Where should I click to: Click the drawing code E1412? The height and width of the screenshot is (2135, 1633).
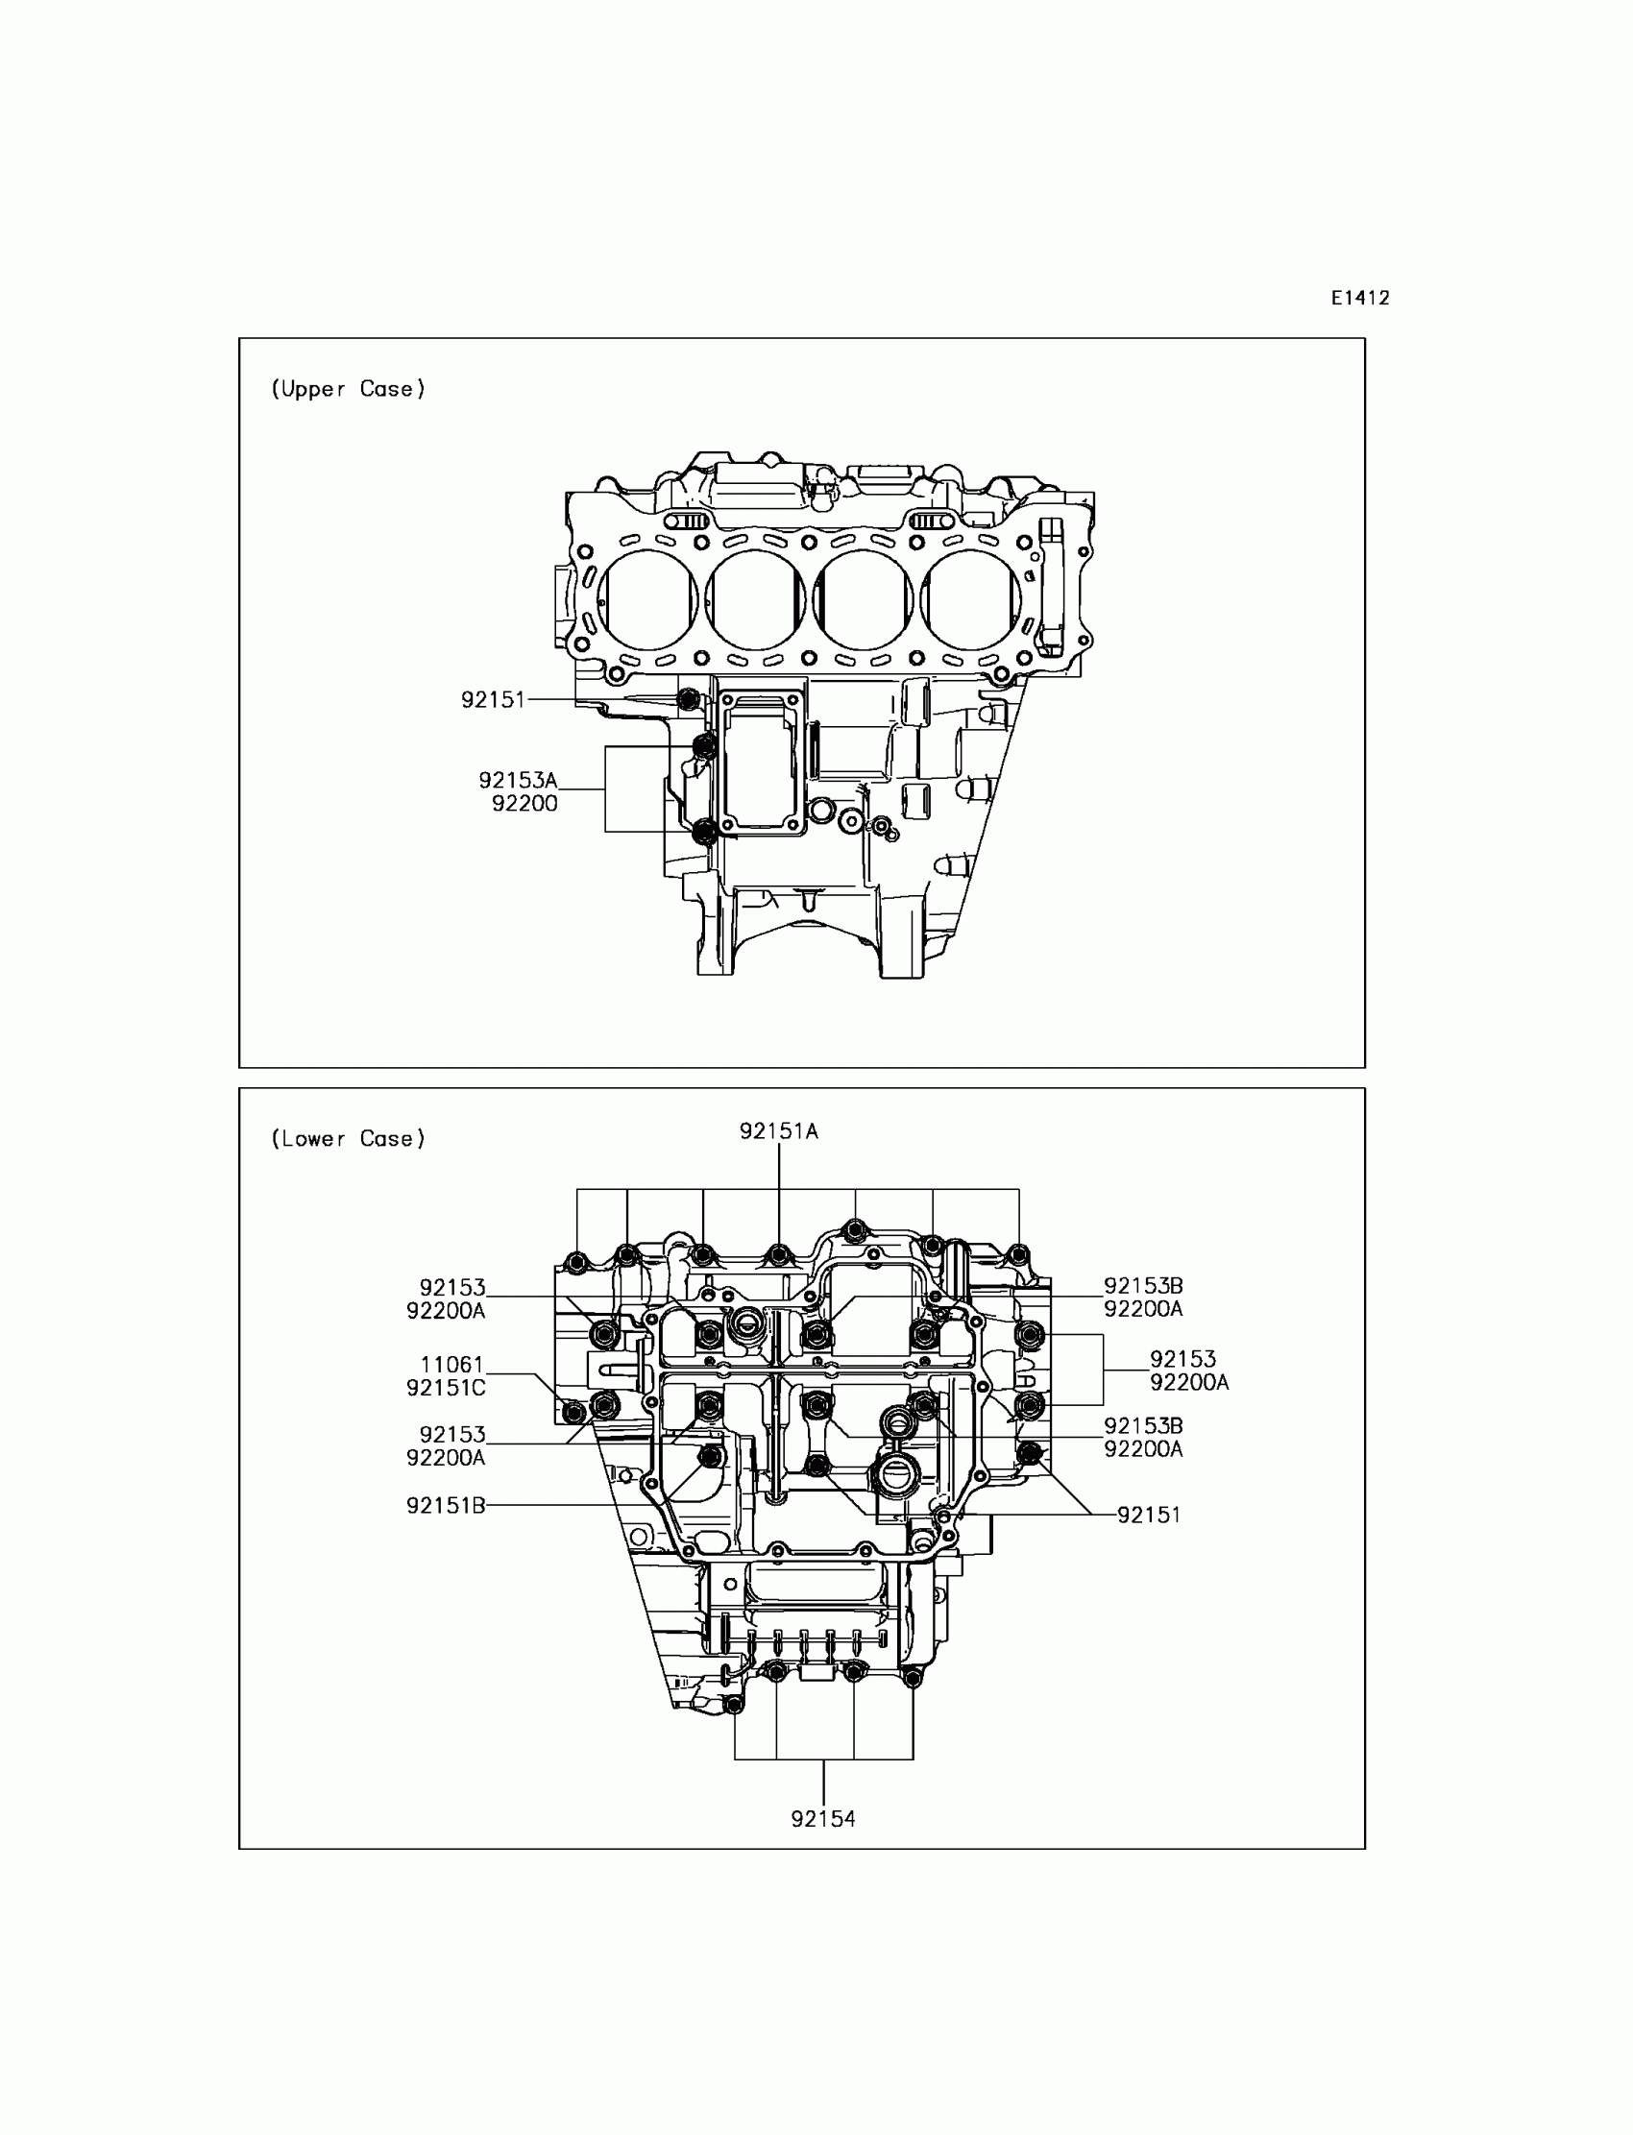(1360, 299)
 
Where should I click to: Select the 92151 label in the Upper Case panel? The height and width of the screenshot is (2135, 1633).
(493, 700)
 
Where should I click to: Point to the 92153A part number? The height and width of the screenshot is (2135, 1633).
(518, 781)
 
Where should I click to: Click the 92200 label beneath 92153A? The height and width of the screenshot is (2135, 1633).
(524, 804)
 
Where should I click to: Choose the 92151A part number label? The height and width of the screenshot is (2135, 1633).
(779, 1131)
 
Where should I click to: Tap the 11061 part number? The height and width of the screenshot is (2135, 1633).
(452, 1366)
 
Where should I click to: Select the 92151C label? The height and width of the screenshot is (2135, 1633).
(446, 1389)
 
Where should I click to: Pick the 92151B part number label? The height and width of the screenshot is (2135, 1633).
(446, 1506)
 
